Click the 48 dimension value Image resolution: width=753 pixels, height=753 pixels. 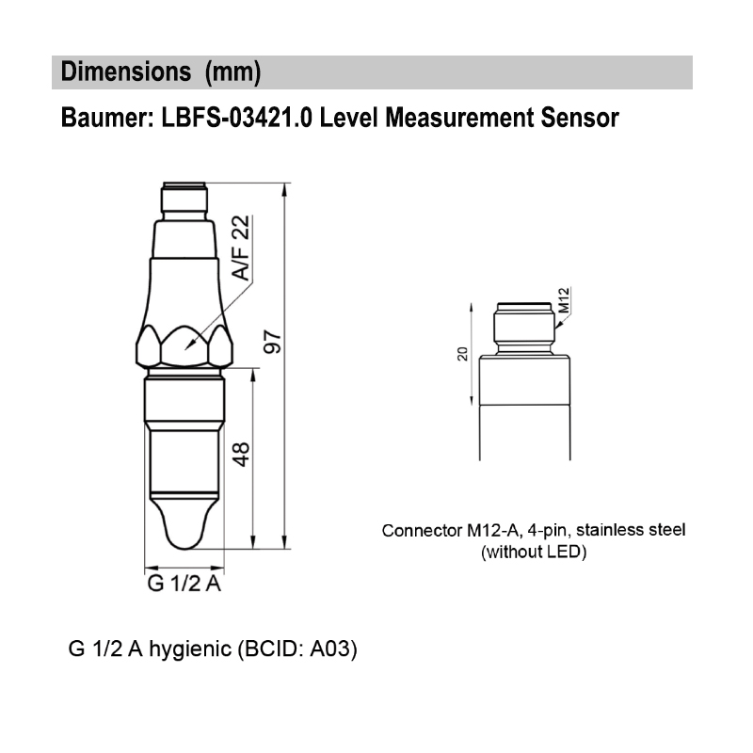tap(241, 457)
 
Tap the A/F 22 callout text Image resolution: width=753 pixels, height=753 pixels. tap(241, 248)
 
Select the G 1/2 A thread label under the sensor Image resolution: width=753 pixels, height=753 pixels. tap(184, 585)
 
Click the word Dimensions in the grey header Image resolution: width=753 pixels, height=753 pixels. tap(119, 72)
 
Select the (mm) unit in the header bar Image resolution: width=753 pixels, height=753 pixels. tap(232, 72)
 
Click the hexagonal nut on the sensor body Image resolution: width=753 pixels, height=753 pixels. tap(184, 345)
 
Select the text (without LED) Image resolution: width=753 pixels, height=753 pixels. tap(534, 553)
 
